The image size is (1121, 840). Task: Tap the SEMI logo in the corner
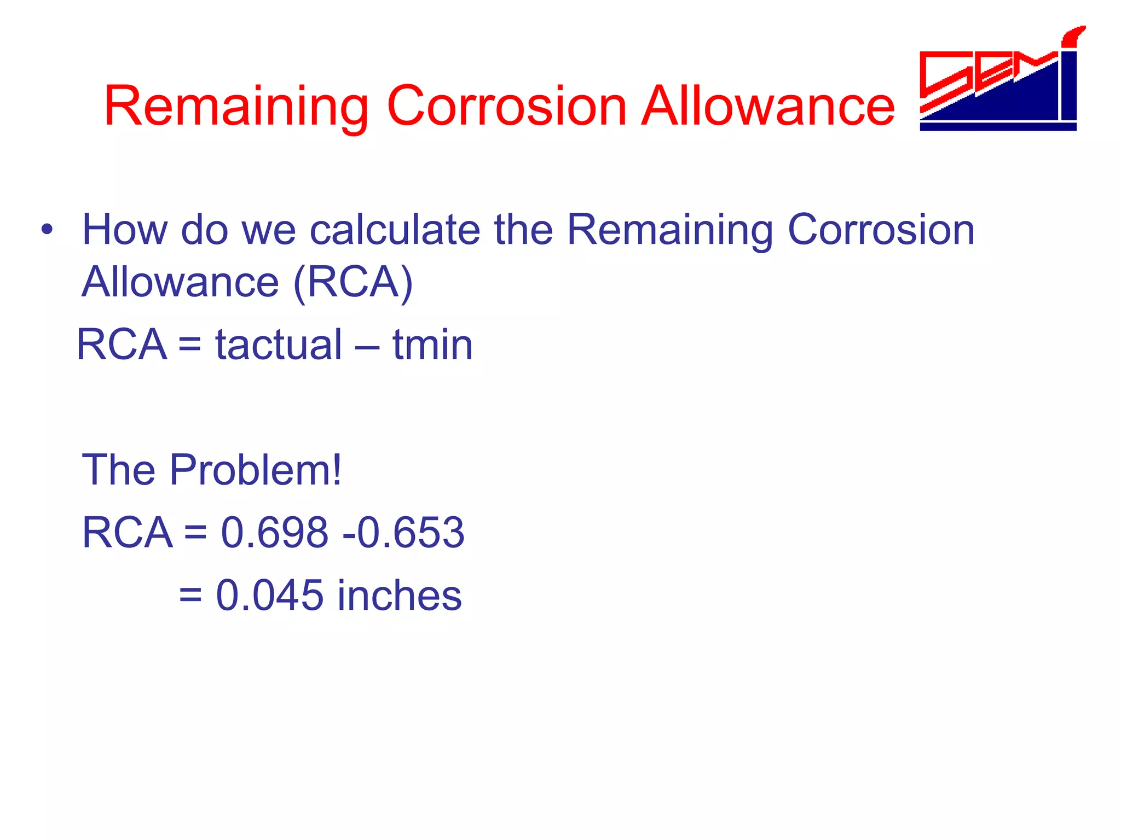999,82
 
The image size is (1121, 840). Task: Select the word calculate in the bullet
395,230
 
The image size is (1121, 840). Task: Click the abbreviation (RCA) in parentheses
354,282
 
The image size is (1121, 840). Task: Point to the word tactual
279,345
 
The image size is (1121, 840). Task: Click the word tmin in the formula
432,345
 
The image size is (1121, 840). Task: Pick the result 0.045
270,595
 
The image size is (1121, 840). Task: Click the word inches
400,595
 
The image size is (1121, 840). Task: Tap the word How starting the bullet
125,230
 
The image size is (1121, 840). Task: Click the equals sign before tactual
190,346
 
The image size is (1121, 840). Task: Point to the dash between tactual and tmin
367,346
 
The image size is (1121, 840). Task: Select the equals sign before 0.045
190,596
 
